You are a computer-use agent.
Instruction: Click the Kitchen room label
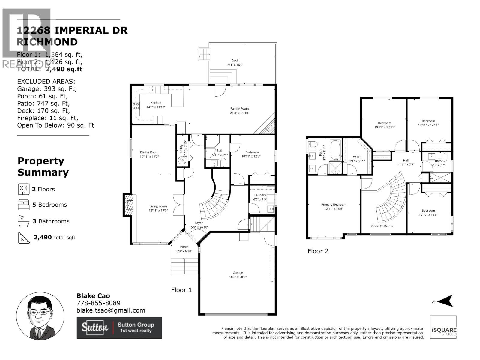coord(156,103)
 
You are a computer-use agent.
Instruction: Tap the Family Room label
coord(239,109)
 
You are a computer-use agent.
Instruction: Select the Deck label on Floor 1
coord(235,61)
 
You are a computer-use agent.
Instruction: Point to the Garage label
coord(238,273)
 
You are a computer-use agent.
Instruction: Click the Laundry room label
coord(260,195)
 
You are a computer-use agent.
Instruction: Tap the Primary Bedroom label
coord(334,205)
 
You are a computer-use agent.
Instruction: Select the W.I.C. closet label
coord(357,157)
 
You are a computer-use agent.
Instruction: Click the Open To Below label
coord(382,226)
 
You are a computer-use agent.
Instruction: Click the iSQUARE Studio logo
coord(443,327)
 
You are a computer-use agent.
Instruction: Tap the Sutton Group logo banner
coord(119,328)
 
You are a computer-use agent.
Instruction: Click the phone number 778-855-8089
coord(98,303)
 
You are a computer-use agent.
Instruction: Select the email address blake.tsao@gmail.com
coord(111,310)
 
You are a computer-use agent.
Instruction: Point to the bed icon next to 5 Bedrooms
coord(23,205)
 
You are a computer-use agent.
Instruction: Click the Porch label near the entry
coord(184,247)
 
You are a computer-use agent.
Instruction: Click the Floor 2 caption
coord(318,251)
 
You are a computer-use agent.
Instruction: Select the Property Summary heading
coord(43,166)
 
